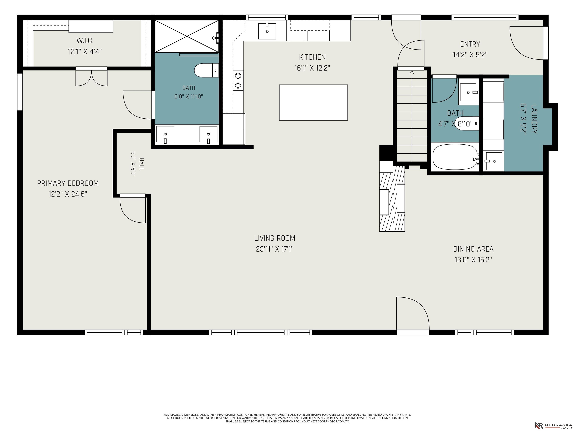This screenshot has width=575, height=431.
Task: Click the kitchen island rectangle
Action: [x=313, y=102]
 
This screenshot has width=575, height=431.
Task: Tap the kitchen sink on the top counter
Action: [x=267, y=31]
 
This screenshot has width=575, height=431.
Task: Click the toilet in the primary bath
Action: [x=206, y=70]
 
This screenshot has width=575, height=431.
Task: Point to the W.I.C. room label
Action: [x=85, y=41]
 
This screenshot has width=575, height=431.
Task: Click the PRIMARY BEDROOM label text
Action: [x=68, y=183]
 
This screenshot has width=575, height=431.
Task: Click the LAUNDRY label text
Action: [x=534, y=119]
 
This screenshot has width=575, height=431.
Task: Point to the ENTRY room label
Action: [x=470, y=44]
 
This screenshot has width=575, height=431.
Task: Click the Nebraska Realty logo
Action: [x=553, y=425]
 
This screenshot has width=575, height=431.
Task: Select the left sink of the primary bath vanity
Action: [x=165, y=135]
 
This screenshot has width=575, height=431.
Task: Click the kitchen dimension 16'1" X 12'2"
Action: [x=312, y=68]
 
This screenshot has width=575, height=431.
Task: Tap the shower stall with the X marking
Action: [x=187, y=36]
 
